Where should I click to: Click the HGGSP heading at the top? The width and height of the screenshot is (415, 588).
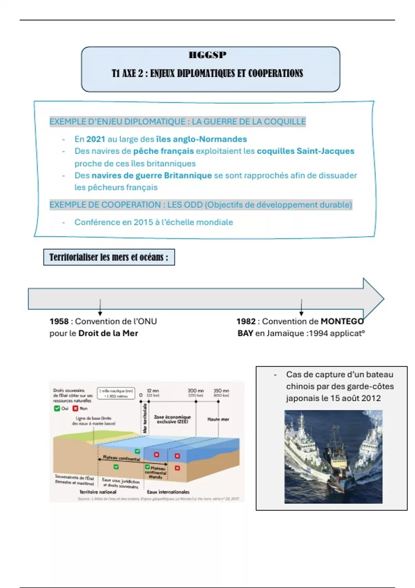click(207, 55)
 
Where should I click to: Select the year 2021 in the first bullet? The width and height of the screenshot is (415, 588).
click(95, 139)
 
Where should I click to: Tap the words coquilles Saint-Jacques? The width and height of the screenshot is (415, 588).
click(306, 151)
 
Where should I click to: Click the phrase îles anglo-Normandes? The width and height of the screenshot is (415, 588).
click(201, 139)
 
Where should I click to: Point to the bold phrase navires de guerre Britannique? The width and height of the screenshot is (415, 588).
click(151, 175)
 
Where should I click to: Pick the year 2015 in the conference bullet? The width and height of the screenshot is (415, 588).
click(143, 222)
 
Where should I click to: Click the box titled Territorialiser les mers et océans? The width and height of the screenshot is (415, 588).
click(109, 257)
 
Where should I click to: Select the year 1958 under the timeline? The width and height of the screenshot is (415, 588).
click(59, 321)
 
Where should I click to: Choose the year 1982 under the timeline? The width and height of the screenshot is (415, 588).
click(246, 321)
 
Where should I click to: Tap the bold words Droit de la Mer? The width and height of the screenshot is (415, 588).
click(108, 333)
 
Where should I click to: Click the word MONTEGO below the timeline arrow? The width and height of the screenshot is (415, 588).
click(342, 321)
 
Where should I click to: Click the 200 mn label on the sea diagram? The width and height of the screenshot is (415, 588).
click(196, 391)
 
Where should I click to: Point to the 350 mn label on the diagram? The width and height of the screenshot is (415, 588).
click(221, 391)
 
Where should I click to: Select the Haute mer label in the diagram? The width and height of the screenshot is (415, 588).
click(218, 419)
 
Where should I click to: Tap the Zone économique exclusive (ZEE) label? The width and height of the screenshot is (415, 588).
click(172, 419)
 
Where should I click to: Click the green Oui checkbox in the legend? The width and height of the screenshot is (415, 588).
click(57, 408)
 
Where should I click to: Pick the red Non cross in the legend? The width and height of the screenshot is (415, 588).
click(75, 408)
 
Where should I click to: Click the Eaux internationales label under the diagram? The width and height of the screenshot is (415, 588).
click(168, 492)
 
